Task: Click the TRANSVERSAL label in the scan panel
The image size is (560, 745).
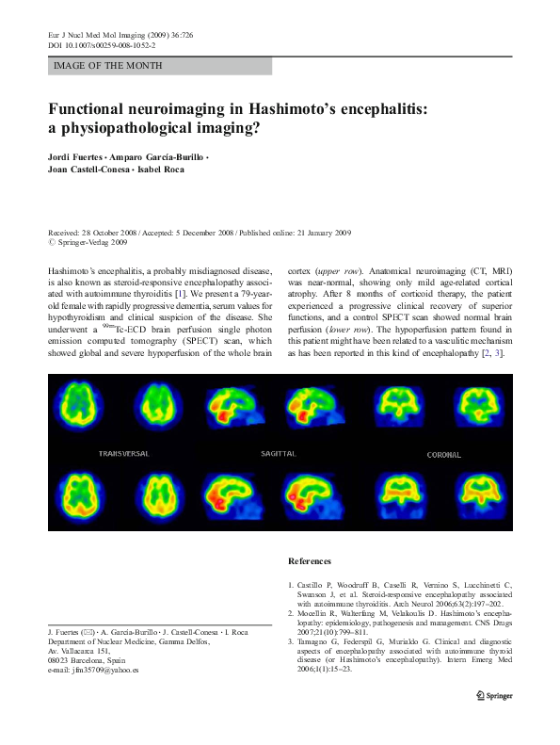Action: pos(124,454)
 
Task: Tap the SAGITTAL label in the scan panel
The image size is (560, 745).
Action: pos(279,454)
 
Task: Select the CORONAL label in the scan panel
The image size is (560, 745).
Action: pos(444,455)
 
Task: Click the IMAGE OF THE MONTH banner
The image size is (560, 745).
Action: pos(108,66)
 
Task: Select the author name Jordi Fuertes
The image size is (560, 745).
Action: pos(80,154)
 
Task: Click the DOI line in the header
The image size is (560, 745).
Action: pos(102,44)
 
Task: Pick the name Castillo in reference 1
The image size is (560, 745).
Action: pos(313,585)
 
